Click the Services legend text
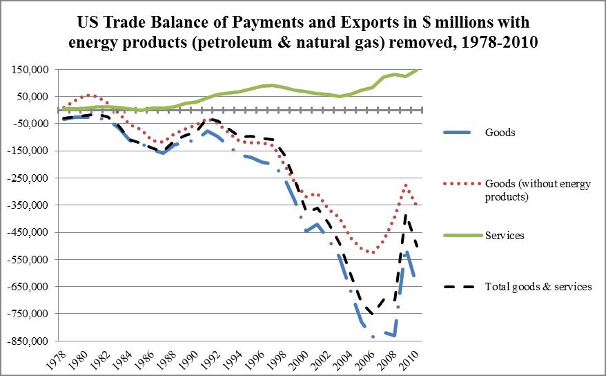505,236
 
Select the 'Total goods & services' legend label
538,286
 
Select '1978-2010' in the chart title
493,42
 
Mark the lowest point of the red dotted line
373,252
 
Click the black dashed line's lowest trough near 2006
373,314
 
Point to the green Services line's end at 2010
417,69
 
